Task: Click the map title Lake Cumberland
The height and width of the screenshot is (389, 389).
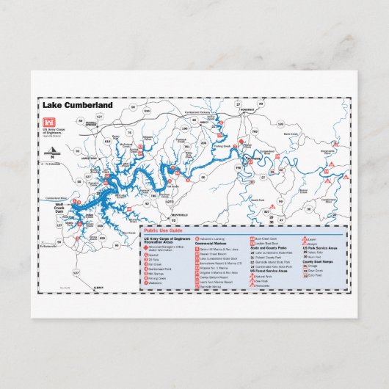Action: (83, 105)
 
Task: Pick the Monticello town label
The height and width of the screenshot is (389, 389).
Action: (180, 214)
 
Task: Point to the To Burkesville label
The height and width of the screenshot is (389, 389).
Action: (47, 246)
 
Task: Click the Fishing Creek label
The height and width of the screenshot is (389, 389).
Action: (222, 146)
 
